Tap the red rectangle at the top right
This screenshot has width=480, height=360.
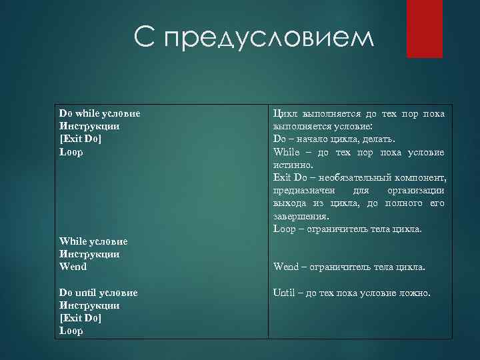(425, 28)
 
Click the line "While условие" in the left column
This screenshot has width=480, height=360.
(93, 241)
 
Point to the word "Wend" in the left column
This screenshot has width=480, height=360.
(73, 267)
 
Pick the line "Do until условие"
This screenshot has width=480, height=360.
(98, 293)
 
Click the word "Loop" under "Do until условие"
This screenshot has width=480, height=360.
(71, 331)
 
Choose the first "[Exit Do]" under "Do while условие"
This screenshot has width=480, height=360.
(81, 139)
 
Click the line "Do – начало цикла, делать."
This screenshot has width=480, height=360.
(334, 139)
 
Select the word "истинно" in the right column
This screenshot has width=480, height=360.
(291, 164)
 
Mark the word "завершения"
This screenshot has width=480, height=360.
(300, 216)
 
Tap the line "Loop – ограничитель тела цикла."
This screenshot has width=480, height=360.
(347, 229)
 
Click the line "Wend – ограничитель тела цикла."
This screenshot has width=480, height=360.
(349, 267)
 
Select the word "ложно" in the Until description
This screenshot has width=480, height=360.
(416, 293)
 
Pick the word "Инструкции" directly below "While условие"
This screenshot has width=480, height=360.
(89, 254)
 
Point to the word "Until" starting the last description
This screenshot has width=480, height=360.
(283, 293)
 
